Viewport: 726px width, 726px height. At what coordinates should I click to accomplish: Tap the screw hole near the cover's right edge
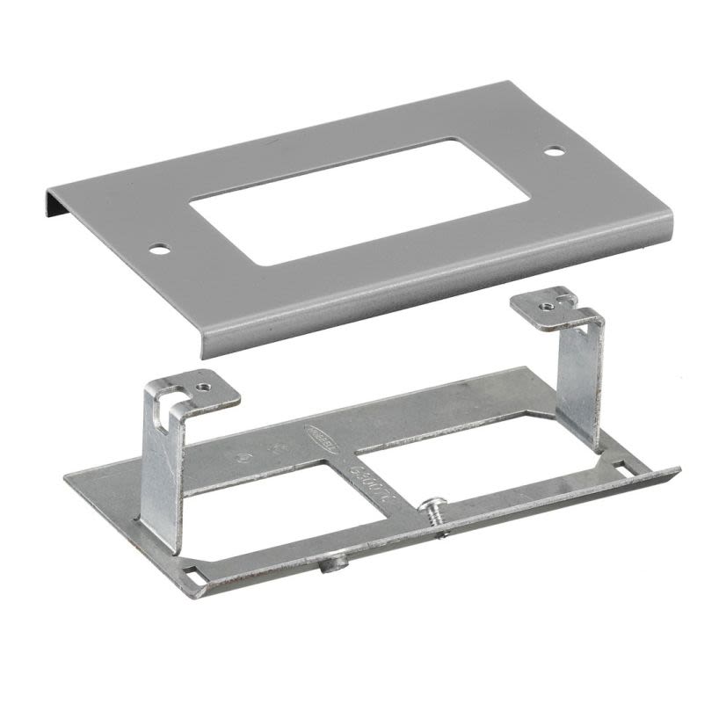[553, 151]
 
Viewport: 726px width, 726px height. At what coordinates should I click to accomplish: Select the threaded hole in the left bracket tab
[204, 386]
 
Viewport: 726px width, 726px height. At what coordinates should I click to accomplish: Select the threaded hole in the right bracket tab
[547, 305]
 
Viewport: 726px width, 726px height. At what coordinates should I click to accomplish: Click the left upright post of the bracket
[163, 475]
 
